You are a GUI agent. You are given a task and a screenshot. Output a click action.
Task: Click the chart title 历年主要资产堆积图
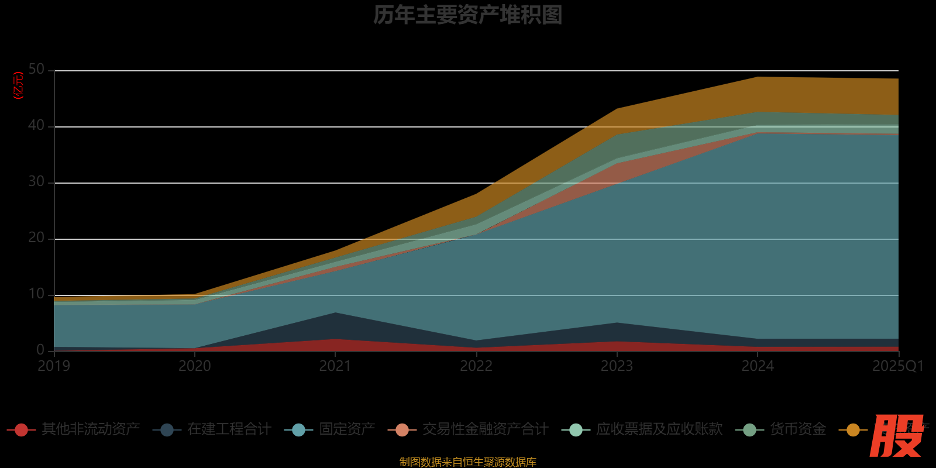click(x=467, y=15)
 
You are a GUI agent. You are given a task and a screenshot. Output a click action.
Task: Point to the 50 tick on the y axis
click(x=36, y=70)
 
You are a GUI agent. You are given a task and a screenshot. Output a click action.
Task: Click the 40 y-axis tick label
click(x=36, y=126)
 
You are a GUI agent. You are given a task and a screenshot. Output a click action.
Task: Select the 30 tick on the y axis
click(x=36, y=182)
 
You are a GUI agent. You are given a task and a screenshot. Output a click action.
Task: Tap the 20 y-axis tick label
click(x=36, y=238)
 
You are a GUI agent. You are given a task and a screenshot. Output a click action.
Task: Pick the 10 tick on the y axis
click(x=36, y=294)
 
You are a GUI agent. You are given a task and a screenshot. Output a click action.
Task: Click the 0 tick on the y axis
click(x=40, y=350)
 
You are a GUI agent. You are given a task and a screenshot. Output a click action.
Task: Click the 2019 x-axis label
click(x=54, y=366)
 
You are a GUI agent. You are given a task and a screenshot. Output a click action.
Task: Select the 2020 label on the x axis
click(x=194, y=366)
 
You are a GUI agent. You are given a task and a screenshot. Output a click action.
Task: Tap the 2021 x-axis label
click(x=335, y=366)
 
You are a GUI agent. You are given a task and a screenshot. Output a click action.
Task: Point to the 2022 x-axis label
click(x=476, y=366)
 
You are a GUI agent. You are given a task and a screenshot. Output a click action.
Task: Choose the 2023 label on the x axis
click(x=617, y=366)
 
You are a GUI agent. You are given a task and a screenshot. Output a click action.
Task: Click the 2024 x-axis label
click(x=758, y=366)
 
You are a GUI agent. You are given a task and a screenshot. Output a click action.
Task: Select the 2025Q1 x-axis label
click(x=898, y=366)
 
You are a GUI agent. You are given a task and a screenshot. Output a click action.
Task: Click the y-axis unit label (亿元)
click(x=19, y=85)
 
